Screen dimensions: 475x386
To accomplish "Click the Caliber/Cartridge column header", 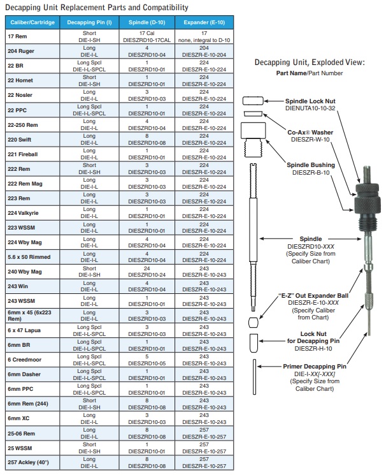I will click(x=32, y=22).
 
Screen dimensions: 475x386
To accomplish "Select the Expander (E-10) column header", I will click(x=204, y=22).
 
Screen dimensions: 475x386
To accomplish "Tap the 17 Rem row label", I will click(x=17, y=36).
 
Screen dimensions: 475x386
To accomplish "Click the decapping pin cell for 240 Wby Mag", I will click(x=89, y=271).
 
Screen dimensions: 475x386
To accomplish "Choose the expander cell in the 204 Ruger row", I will click(x=204, y=51).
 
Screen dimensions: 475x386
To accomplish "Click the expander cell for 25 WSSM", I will click(x=204, y=447).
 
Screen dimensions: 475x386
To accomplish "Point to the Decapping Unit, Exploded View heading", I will click(x=310, y=62).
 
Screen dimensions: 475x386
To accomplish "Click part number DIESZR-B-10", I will click(x=311, y=172).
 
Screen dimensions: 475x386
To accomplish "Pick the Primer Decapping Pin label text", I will click(x=314, y=367).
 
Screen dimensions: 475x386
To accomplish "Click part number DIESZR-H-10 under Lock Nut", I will click(x=313, y=349).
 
